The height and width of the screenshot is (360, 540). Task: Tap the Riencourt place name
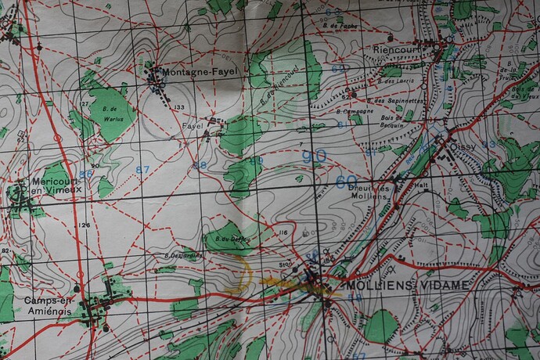[398, 49]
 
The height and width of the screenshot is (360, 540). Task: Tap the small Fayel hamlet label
[193, 125]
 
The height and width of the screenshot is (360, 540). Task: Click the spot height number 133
[180, 107]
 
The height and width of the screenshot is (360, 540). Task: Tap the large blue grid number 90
[314, 157]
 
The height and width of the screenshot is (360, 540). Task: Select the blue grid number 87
[142, 170]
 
